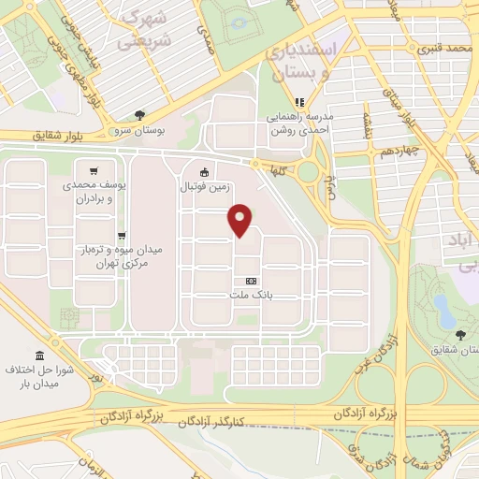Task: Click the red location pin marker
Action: click(x=240, y=220)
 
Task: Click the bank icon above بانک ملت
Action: click(x=250, y=281)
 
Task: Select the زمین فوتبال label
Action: click(x=205, y=186)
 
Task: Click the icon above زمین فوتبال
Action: click(x=205, y=171)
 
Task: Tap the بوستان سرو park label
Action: click(x=137, y=129)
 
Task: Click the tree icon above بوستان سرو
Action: click(x=139, y=115)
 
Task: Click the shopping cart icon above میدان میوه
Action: click(x=121, y=236)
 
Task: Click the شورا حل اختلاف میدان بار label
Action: click(x=40, y=377)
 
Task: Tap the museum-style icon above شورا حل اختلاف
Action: click(x=39, y=356)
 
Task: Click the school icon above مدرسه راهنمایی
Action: click(x=299, y=103)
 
